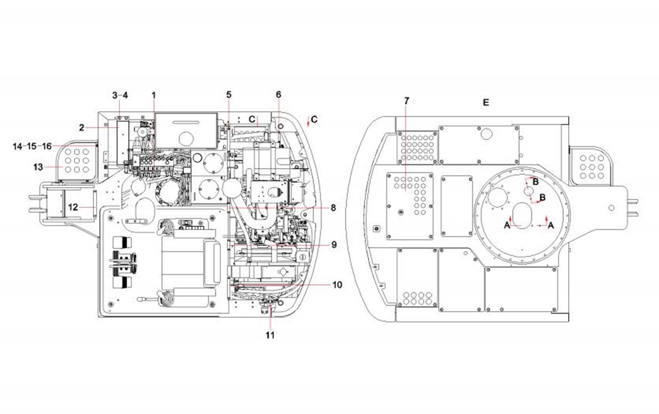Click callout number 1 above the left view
[x=154, y=95]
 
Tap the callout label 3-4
[x=120, y=95]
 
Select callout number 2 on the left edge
[x=81, y=128]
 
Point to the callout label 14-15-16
[x=32, y=147]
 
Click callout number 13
[x=38, y=167]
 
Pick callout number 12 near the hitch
[x=73, y=207]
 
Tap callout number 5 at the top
[x=229, y=95]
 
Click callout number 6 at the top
[x=278, y=95]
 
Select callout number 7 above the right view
[x=406, y=101]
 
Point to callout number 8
[x=333, y=207]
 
